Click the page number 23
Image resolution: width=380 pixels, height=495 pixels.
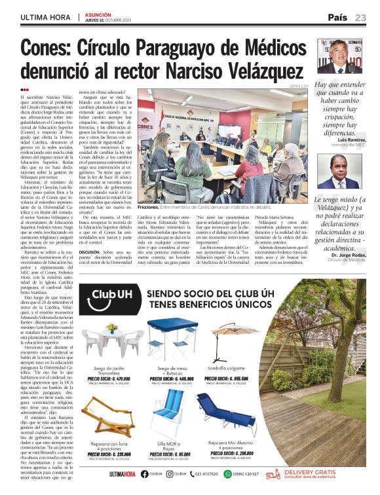tap(361, 17)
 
